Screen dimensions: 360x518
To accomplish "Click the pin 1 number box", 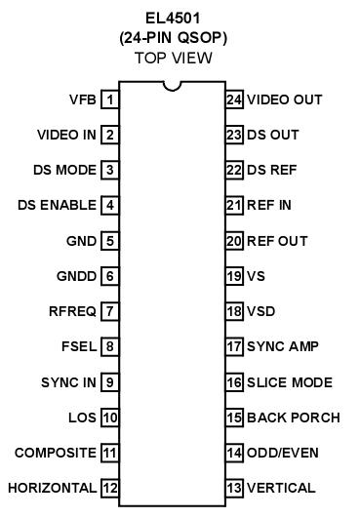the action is point(110,100).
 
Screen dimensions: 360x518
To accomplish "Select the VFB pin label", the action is point(82,100).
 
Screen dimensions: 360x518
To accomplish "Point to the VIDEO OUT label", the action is point(285,100).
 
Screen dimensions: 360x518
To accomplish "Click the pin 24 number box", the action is point(234,100).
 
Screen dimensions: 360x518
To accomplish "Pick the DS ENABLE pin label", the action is point(57,205).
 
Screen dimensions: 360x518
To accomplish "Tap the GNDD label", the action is point(78,276).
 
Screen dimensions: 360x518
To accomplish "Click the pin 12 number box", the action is point(110,488).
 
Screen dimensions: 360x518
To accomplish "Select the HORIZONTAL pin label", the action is point(52,488).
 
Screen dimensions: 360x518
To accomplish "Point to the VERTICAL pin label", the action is point(281,488).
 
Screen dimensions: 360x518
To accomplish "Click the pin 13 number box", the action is point(234,488).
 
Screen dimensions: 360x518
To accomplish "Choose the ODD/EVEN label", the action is point(283,453).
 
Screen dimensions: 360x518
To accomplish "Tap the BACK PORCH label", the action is point(294,418).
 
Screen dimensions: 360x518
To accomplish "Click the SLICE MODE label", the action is point(290,382).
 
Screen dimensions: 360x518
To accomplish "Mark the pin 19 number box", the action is point(234,276).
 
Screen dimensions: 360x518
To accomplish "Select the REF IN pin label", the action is point(270,205).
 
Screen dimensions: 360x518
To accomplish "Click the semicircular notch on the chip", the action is point(173,91).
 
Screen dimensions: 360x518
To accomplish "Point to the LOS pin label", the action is point(82,418).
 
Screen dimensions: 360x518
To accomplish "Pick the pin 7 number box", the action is point(110,311).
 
